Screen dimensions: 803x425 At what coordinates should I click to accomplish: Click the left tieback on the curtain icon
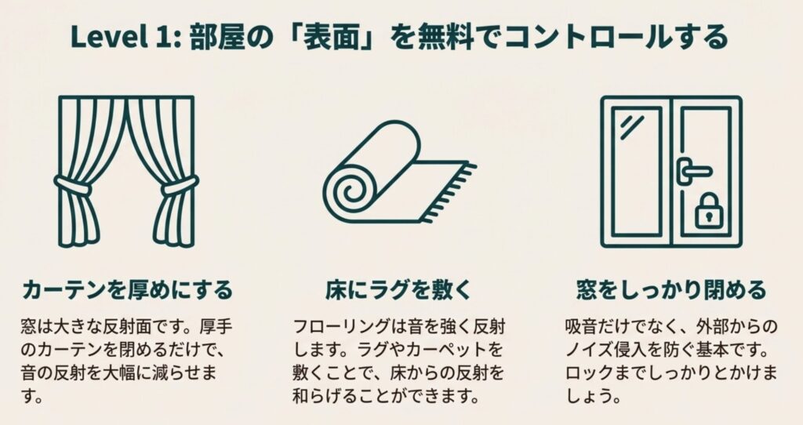pos(73,185)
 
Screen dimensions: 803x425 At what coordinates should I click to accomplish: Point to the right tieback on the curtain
pos(180,185)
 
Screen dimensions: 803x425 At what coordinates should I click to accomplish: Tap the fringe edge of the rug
pos(449,193)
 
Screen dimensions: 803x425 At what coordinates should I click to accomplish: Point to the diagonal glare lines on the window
pos(633,127)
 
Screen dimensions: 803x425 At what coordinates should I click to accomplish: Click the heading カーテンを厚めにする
pos(128,289)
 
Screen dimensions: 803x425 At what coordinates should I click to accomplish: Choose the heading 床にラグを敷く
pos(398,289)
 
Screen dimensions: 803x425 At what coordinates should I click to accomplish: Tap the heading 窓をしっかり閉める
pos(671,289)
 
